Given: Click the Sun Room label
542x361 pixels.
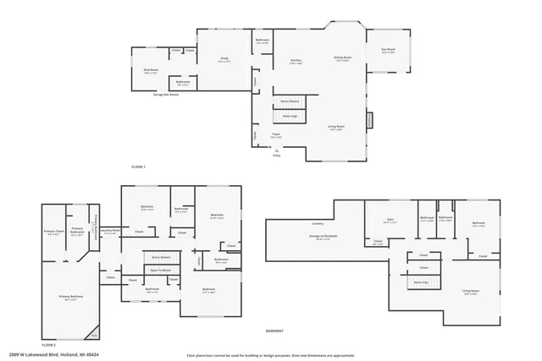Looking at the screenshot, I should (389, 51).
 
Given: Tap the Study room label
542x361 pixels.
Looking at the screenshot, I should (224, 59).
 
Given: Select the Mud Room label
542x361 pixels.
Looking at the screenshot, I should (151, 73).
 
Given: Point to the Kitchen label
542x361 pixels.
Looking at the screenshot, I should (296, 61).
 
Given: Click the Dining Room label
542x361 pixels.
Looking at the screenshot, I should (342, 58).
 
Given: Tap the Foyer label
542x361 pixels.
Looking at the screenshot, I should (276, 134).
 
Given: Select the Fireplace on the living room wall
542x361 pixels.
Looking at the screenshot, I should (369, 120).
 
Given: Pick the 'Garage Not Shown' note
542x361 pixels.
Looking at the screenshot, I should (165, 95).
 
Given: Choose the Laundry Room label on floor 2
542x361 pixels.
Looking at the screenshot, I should (109, 231).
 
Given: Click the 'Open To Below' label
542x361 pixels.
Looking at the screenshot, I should (160, 270).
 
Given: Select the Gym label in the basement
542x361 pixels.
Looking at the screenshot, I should (391, 220).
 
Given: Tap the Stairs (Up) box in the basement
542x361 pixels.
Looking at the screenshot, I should (422, 282).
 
